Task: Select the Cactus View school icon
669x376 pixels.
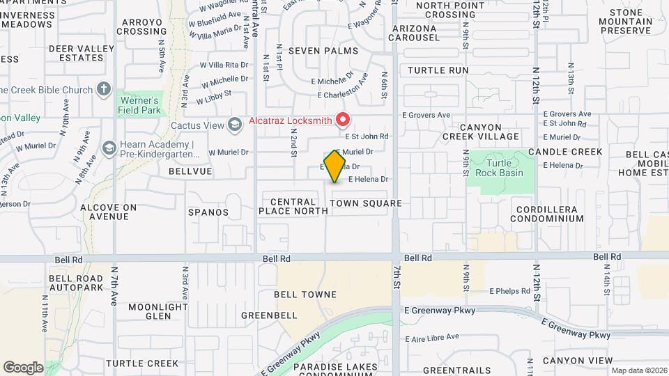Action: [235, 125]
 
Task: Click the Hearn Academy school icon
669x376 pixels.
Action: [109, 148]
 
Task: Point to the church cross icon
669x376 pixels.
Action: [103, 89]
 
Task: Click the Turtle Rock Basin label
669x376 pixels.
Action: [500, 167]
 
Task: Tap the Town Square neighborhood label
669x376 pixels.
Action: [366, 203]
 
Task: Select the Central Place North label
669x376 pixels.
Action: [293, 206]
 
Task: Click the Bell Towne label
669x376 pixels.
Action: [305, 295]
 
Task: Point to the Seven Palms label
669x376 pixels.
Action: [323, 51]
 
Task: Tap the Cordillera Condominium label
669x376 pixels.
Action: [547, 213]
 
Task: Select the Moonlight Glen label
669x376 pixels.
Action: [159, 311]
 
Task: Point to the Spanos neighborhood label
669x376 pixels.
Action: [207, 212]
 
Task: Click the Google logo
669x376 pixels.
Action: [23, 367]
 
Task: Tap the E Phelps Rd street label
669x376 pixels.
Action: [510, 291]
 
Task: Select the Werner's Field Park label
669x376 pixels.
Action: [137, 105]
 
